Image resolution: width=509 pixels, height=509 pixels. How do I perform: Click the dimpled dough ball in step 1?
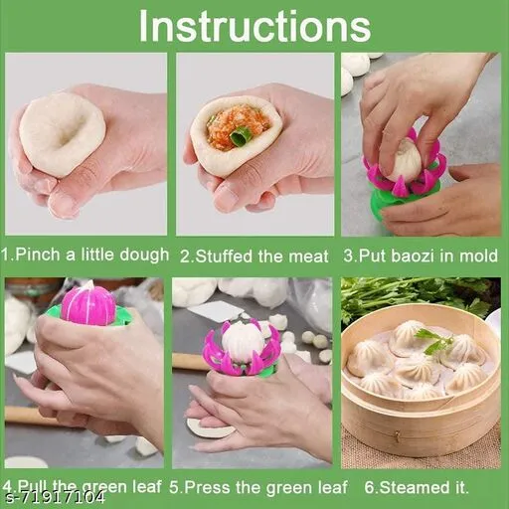click(x=62, y=134)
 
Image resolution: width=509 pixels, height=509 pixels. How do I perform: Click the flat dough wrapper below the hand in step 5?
click(x=208, y=427)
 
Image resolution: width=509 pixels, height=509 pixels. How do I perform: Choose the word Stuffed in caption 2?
click(x=221, y=256)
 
